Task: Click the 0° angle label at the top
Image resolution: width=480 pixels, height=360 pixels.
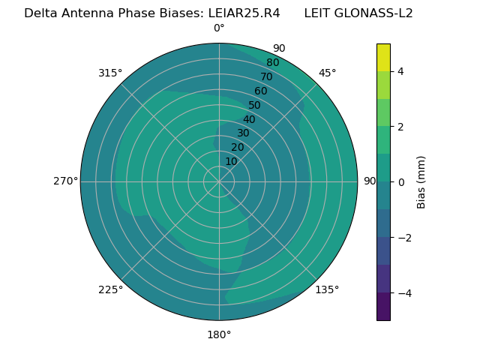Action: pos(219,28)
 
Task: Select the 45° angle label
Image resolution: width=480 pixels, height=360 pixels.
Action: pos(327,73)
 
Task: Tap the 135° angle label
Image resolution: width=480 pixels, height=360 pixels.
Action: pos(327,289)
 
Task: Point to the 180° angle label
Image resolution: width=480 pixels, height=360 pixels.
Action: pos(219,334)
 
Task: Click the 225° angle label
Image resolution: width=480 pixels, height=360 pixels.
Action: pos(110,289)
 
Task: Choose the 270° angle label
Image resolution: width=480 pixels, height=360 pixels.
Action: pos(65,181)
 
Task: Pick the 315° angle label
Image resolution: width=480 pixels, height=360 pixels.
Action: pos(110,73)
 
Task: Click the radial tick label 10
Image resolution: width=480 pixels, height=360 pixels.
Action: pos(231,161)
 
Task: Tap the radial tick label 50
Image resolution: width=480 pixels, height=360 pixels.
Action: pos(254,105)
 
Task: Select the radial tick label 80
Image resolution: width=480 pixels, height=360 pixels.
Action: pos(272,63)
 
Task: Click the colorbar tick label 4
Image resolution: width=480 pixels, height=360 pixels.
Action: pos(400,71)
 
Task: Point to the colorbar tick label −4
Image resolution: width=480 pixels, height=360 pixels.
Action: pos(403,293)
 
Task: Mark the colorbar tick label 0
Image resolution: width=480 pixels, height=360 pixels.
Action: pos(400,182)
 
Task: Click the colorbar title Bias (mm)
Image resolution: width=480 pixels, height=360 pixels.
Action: pos(421,182)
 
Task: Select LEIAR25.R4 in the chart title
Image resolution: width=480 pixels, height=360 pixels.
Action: pos(244,13)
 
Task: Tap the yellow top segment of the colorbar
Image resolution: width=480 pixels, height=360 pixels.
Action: pos(383,57)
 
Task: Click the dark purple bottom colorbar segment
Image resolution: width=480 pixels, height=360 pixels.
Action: pos(383,307)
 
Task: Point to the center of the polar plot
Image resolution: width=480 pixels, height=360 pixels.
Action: pos(219,181)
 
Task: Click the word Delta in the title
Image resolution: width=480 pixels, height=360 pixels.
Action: pos(40,13)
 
